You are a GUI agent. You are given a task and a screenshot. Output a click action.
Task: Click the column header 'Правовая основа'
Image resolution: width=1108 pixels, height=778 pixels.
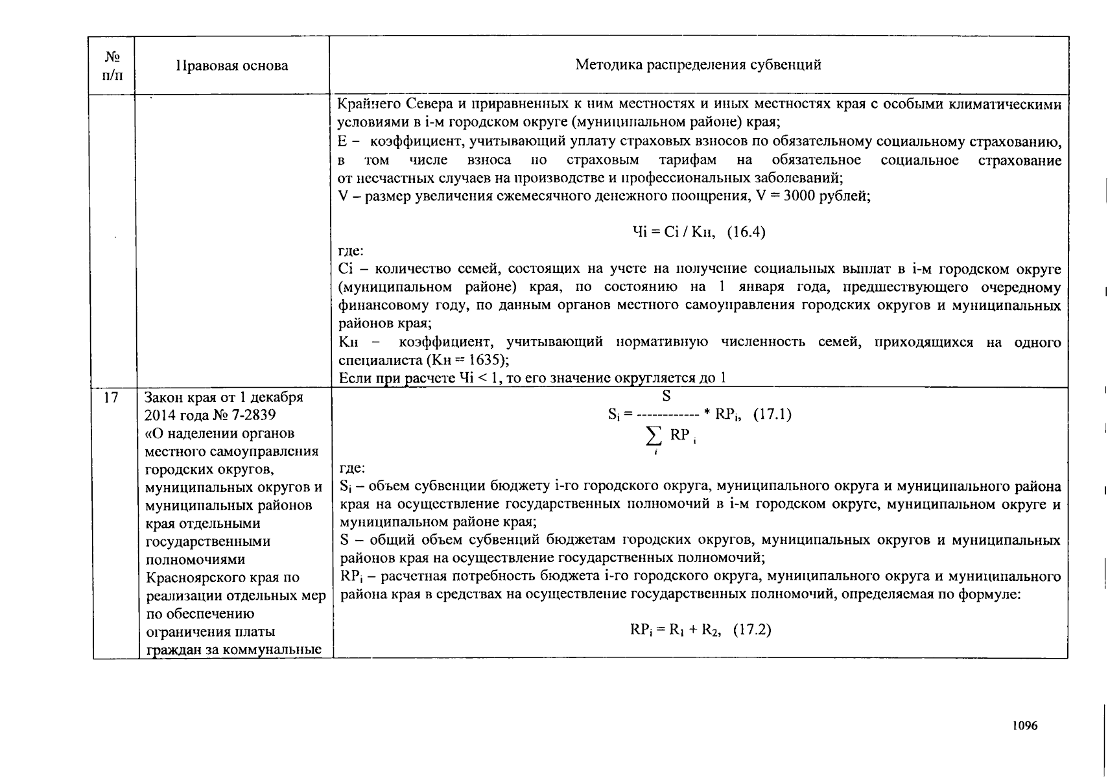tap(232, 65)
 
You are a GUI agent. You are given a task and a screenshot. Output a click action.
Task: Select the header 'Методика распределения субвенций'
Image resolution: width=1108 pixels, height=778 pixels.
tap(698, 65)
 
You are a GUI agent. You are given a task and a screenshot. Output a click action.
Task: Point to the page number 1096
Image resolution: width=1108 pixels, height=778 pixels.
tap(1025, 726)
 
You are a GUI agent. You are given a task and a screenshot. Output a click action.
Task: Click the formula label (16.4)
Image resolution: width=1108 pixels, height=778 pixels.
tap(746, 232)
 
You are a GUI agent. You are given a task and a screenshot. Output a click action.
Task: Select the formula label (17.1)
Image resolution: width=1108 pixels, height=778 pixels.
tap(772, 414)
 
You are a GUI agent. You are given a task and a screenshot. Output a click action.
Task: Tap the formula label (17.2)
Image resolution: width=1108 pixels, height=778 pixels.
tap(751, 630)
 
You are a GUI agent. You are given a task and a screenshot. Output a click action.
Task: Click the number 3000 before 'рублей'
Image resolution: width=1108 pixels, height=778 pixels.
tap(799, 196)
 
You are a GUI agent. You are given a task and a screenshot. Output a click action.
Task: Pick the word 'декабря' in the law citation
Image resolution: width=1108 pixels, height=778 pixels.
tap(277, 397)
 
